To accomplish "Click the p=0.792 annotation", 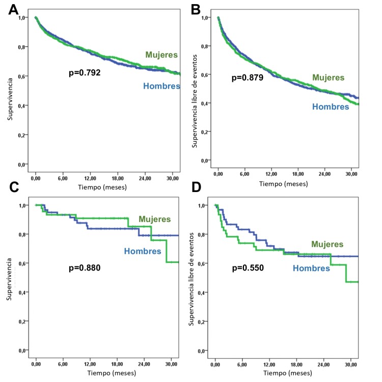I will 85,73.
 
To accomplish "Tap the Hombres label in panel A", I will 161,86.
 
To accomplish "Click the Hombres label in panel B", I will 331,106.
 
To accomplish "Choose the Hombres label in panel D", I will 311,268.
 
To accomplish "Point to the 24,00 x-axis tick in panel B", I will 326,175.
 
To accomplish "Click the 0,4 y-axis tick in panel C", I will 22,292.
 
